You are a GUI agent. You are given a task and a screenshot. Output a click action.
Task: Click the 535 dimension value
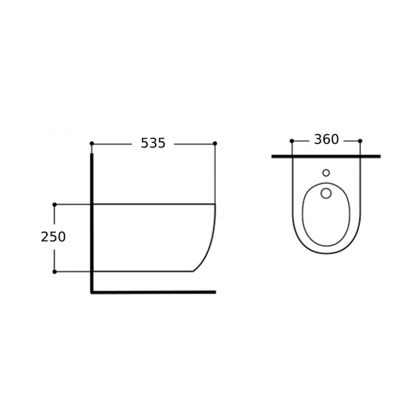pyautogui.click(x=153, y=143)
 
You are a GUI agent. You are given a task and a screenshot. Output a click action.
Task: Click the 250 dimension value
pyautogui.click(x=53, y=237)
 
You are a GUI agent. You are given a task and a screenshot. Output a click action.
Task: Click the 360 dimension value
pyautogui.click(x=326, y=140)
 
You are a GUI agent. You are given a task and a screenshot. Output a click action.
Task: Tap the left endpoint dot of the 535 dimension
pyautogui.click(x=92, y=144)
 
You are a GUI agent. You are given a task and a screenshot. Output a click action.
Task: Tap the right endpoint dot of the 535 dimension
pyautogui.click(x=215, y=144)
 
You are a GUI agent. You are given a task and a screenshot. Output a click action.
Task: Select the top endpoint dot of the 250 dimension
pyautogui.click(x=54, y=204)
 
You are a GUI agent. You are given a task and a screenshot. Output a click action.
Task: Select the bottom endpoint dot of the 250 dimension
pyautogui.click(x=54, y=272)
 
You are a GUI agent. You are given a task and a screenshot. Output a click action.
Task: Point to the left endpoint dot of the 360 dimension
pyautogui.click(x=292, y=141)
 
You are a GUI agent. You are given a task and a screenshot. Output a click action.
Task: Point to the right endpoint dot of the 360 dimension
pyautogui.click(x=360, y=141)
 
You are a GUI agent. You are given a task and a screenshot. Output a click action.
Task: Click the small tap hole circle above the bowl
pyautogui.click(x=326, y=173)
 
